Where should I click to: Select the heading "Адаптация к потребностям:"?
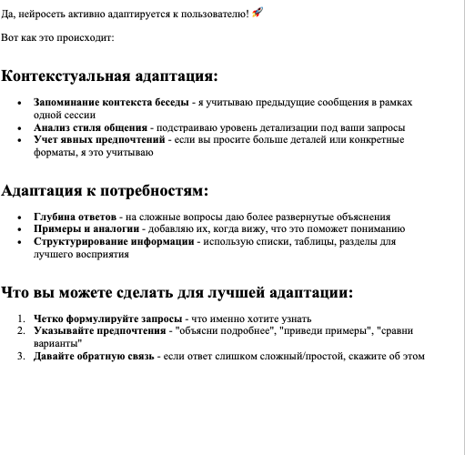[105, 191]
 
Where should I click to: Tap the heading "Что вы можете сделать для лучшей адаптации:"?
[177, 293]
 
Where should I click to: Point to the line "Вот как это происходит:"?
[57, 39]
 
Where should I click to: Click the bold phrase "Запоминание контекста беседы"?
[111, 103]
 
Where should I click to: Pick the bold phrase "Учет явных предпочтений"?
[99, 141]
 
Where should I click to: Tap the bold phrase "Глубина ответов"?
[75, 217]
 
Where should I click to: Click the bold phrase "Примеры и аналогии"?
[85, 229]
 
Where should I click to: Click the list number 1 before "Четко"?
[22, 318]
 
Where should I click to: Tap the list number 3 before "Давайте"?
[22, 356]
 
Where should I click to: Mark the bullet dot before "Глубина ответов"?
[20, 217]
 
